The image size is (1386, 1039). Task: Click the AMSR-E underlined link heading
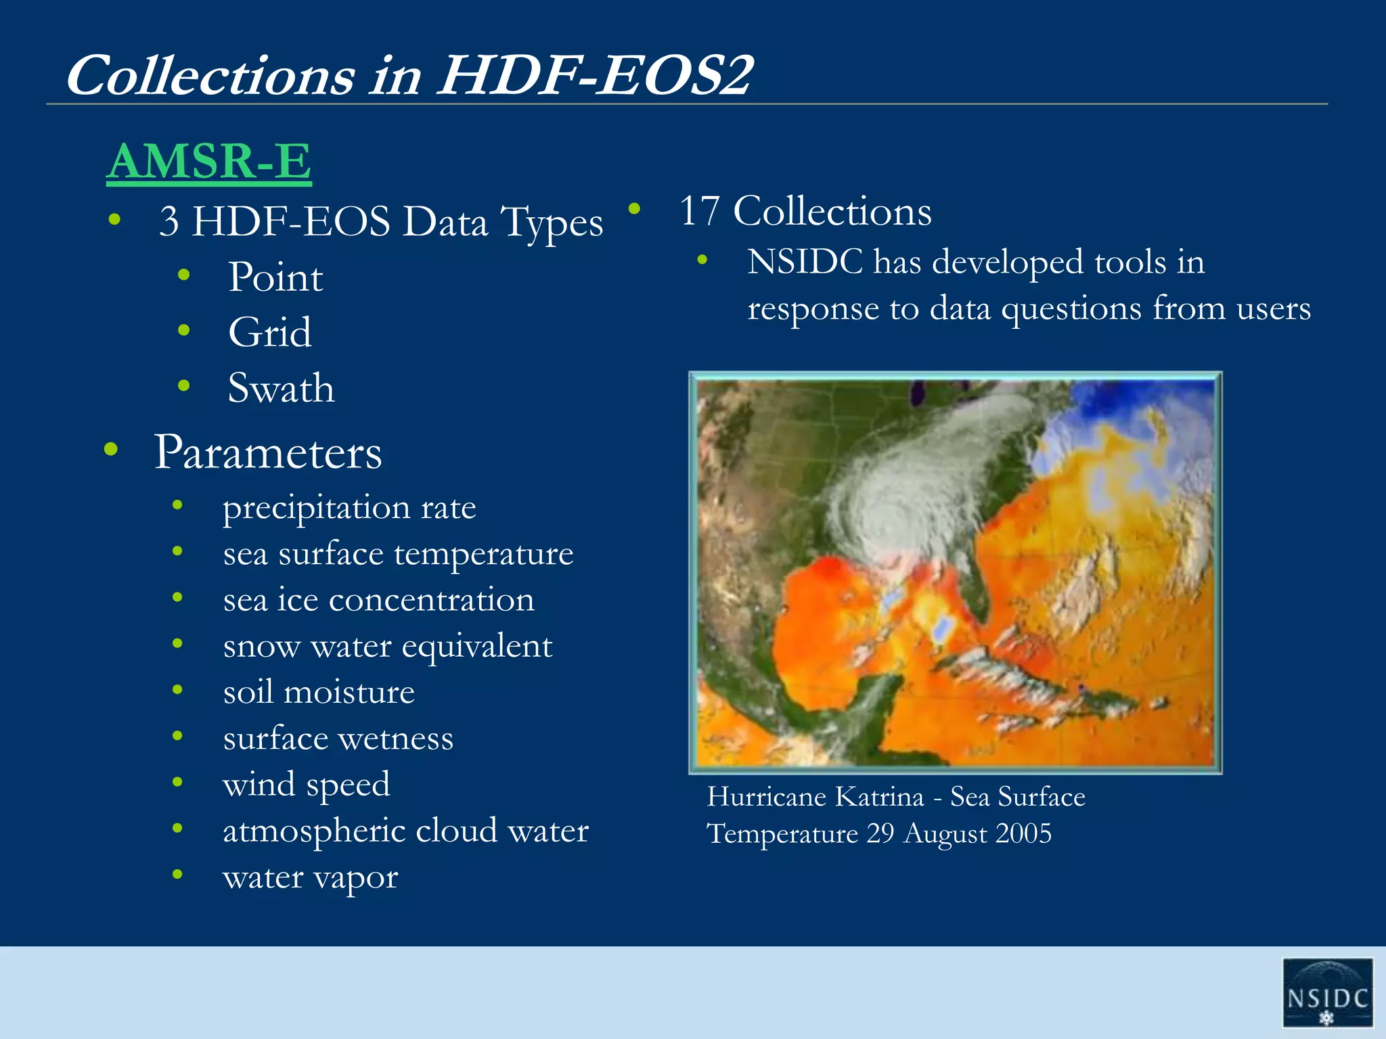click(x=208, y=161)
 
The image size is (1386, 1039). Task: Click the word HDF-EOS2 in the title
click(x=594, y=75)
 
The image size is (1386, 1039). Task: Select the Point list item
click(x=275, y=277)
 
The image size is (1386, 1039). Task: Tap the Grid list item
click(x=269, y=333)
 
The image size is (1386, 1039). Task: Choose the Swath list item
click(x=281, y=388)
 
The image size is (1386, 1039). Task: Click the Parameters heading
click(x=268, y=452)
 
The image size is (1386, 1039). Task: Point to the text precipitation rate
click(x=349, y=508)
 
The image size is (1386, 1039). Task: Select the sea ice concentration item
click(x=378, y=600)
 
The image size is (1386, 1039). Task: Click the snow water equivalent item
click(x=387, y=646)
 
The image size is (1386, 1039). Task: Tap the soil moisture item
click(x=318, y=692)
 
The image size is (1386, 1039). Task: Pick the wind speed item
click(x=306, y=785)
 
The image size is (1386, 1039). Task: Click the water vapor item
click(x=310, y=877)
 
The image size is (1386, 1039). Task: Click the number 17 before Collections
click(x=699, y=211)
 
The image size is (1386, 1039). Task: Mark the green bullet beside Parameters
click(x=112, y=449)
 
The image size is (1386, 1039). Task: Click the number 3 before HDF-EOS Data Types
click(x=169, y=222)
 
